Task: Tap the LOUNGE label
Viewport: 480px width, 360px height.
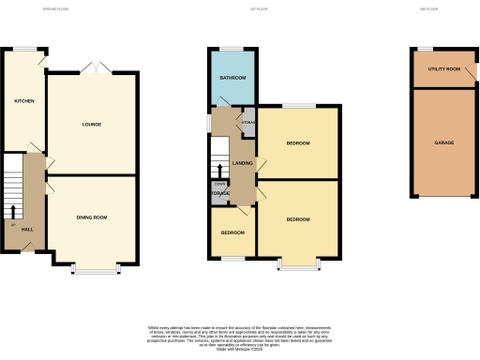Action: tap(91, 125)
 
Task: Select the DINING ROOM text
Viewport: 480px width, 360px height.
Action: tap(91, 217)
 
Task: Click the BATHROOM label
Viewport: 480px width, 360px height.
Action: tap(232, 77)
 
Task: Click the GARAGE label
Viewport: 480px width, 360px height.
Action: tap(443, 142)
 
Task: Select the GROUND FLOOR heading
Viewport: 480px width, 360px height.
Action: tap(57, 10)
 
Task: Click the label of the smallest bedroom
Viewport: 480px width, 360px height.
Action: tap(232, 232)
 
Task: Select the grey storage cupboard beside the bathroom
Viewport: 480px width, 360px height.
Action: tap(248, 122)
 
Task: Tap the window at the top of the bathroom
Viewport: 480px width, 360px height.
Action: tap(232, 48)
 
